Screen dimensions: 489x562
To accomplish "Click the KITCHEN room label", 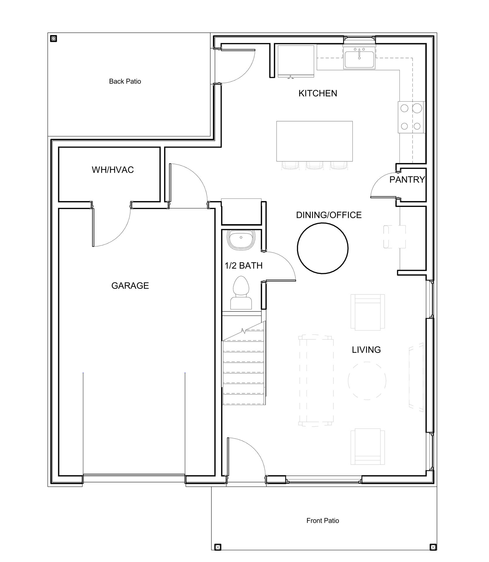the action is (x=318, y=93).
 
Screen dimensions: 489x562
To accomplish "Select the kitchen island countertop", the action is (x=314, y=141).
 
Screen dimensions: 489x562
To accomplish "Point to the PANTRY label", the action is (x=407, y=179).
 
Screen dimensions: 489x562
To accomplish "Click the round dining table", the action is (x=323, y=248).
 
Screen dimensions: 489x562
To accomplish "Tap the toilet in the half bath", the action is (x=241, y=292).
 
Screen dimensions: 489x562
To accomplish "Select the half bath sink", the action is (x=241, y=240).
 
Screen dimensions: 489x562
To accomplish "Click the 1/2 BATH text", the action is (x=243, y=265).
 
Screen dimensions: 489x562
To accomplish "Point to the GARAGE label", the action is (x=130, y=285).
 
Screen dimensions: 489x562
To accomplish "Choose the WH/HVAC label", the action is (x=113, y=170).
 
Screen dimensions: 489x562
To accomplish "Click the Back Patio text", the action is (x=125, y=81).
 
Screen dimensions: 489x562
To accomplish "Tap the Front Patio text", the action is (x=323, y=520).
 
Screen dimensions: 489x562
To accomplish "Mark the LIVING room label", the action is (x=366, y=349).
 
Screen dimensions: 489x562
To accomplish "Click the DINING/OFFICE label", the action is (x=329, y=215).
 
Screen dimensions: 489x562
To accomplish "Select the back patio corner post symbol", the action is (x=53, y=38).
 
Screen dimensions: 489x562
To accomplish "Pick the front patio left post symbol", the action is (x=218, y=547).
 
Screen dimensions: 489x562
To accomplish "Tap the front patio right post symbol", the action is (x=433, y=547).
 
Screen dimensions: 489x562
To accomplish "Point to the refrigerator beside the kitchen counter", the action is (x=296, y=61).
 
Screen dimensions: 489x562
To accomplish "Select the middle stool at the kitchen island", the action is (x=314, y=166).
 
